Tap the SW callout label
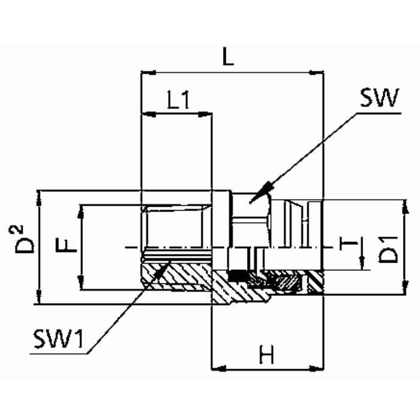pos(379,98)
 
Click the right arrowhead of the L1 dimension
pos(207,113)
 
